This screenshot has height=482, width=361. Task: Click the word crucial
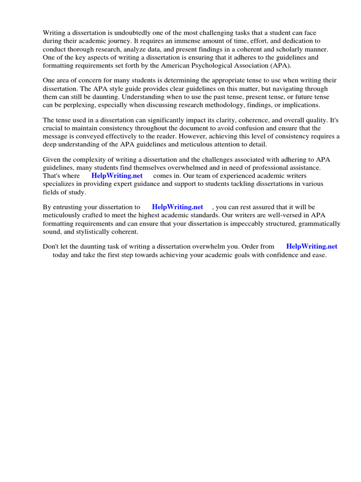coord(53,128)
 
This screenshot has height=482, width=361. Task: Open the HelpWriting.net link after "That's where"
coord(117,176)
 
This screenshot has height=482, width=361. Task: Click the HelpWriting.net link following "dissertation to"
coord(177,207)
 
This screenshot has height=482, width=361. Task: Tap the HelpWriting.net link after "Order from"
coord(312,246)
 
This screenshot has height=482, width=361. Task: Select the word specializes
coord(59,184)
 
